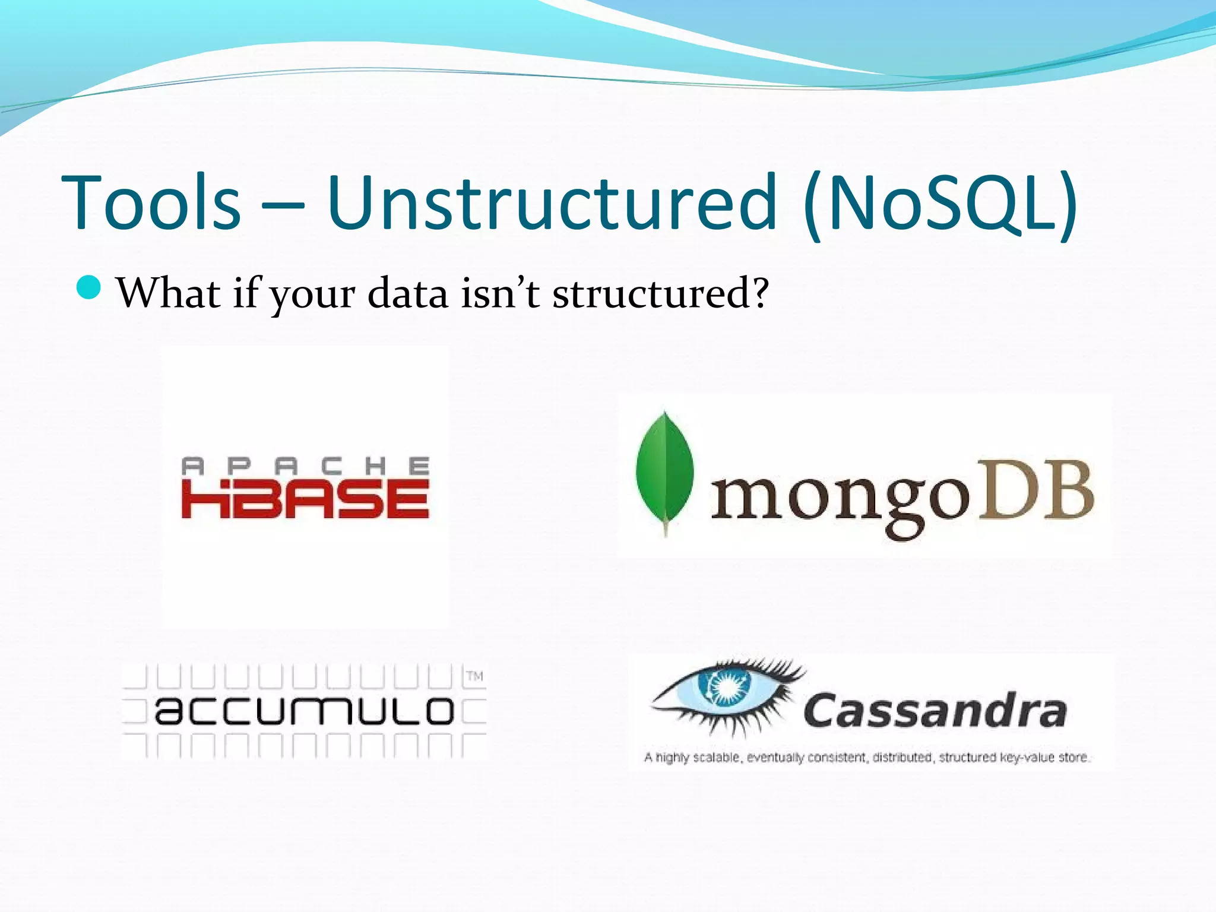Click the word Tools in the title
[151, 203]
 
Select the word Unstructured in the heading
[551, 203]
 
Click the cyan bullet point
[90, 288]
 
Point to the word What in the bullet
[169, 293]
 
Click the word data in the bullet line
[407, 294]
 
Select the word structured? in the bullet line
[660, 294]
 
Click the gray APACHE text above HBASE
[305, 467]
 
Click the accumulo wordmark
[304, 711]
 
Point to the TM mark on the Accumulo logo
[474, 676]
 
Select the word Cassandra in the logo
[935, 711]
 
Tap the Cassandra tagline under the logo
[866, 757]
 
